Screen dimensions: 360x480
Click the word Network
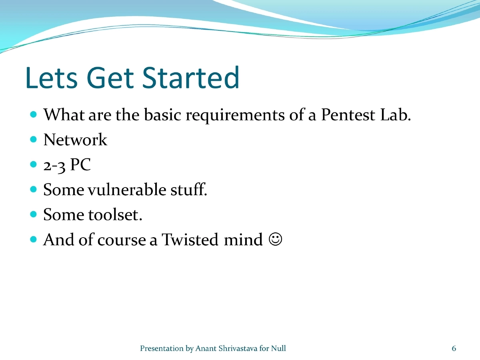(x=75, y=140)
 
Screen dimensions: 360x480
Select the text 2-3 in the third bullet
(x=55, y=165)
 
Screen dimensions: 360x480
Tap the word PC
(x=80, y=165)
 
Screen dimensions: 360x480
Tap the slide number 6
(x=454, y=348)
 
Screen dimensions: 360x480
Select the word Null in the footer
(x=278, y=348)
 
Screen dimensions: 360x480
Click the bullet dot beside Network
(x=34, y=140)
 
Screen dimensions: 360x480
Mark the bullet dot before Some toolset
(x=34, y=214)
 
